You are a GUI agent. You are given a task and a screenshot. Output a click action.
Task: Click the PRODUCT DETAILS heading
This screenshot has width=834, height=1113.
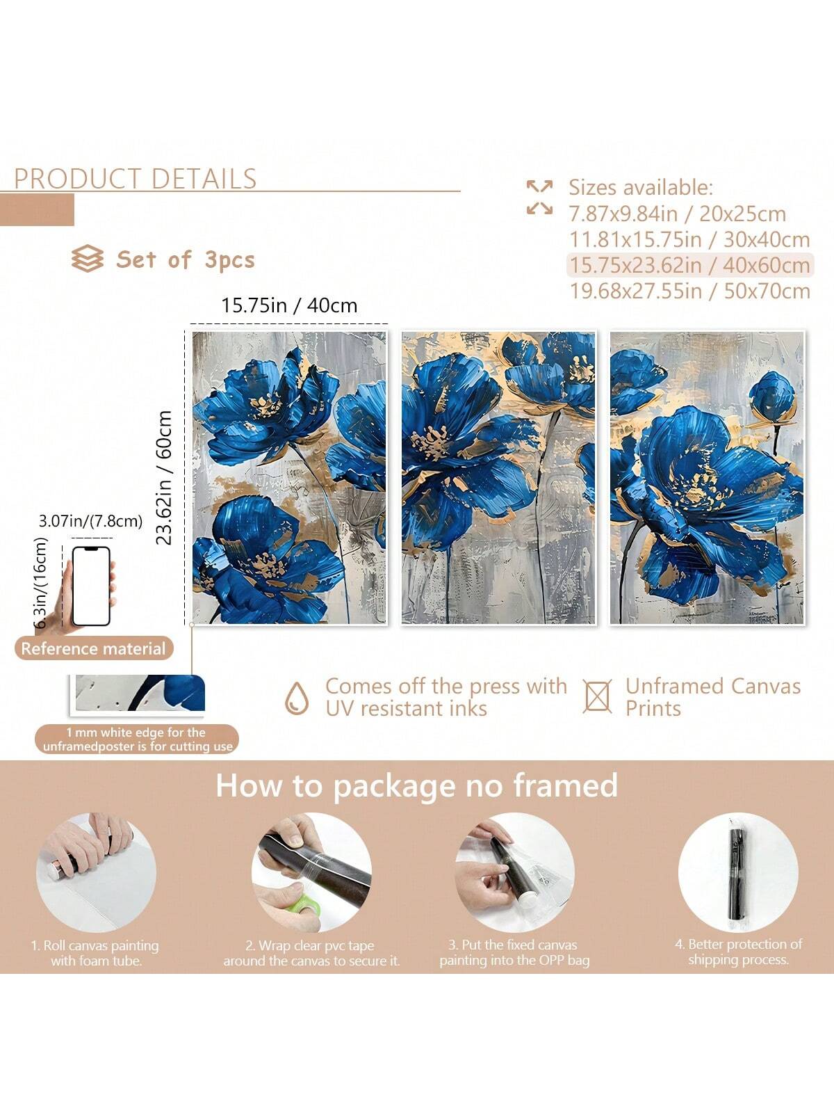pos(136,179)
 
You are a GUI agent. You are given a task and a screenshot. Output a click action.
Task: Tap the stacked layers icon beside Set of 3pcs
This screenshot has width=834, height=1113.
pos(87,259)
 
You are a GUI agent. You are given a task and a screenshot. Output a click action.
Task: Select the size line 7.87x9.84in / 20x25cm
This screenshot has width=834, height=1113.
pos(678,214)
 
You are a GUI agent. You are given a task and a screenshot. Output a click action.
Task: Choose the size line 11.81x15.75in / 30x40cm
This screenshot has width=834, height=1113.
pos(689,240)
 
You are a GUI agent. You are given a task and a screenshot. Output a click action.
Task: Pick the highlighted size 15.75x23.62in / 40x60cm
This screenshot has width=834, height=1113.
pos(689,265)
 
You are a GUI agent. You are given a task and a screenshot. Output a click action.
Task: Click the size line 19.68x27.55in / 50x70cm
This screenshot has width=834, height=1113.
pos(689,291)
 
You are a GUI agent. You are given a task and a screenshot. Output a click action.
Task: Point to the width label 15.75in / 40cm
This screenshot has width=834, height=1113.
pos(289,305)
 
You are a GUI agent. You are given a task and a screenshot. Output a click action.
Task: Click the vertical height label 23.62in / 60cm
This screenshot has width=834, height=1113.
pos(164,478)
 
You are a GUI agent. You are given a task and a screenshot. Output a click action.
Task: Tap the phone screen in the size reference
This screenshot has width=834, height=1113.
pos(91,586)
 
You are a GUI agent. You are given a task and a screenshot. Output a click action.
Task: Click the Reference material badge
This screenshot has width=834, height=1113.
pos(94,648)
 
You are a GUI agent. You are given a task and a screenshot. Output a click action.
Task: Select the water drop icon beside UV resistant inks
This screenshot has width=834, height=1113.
pos(296,698)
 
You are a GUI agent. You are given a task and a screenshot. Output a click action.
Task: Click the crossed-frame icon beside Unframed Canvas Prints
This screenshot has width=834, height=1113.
pos(597,697)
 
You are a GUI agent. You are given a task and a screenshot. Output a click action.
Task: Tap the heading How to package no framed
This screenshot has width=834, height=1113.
pos(417,786)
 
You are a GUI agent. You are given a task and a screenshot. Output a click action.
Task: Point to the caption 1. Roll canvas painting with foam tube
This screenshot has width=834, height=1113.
pos(96,952)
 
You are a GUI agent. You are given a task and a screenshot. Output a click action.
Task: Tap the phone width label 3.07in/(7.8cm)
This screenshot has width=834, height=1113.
pos(90,521)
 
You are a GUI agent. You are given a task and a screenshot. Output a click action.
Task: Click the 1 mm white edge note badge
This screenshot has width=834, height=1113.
pos(137,739)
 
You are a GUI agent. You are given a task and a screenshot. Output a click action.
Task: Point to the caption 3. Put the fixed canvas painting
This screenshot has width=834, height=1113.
pos(514,952)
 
